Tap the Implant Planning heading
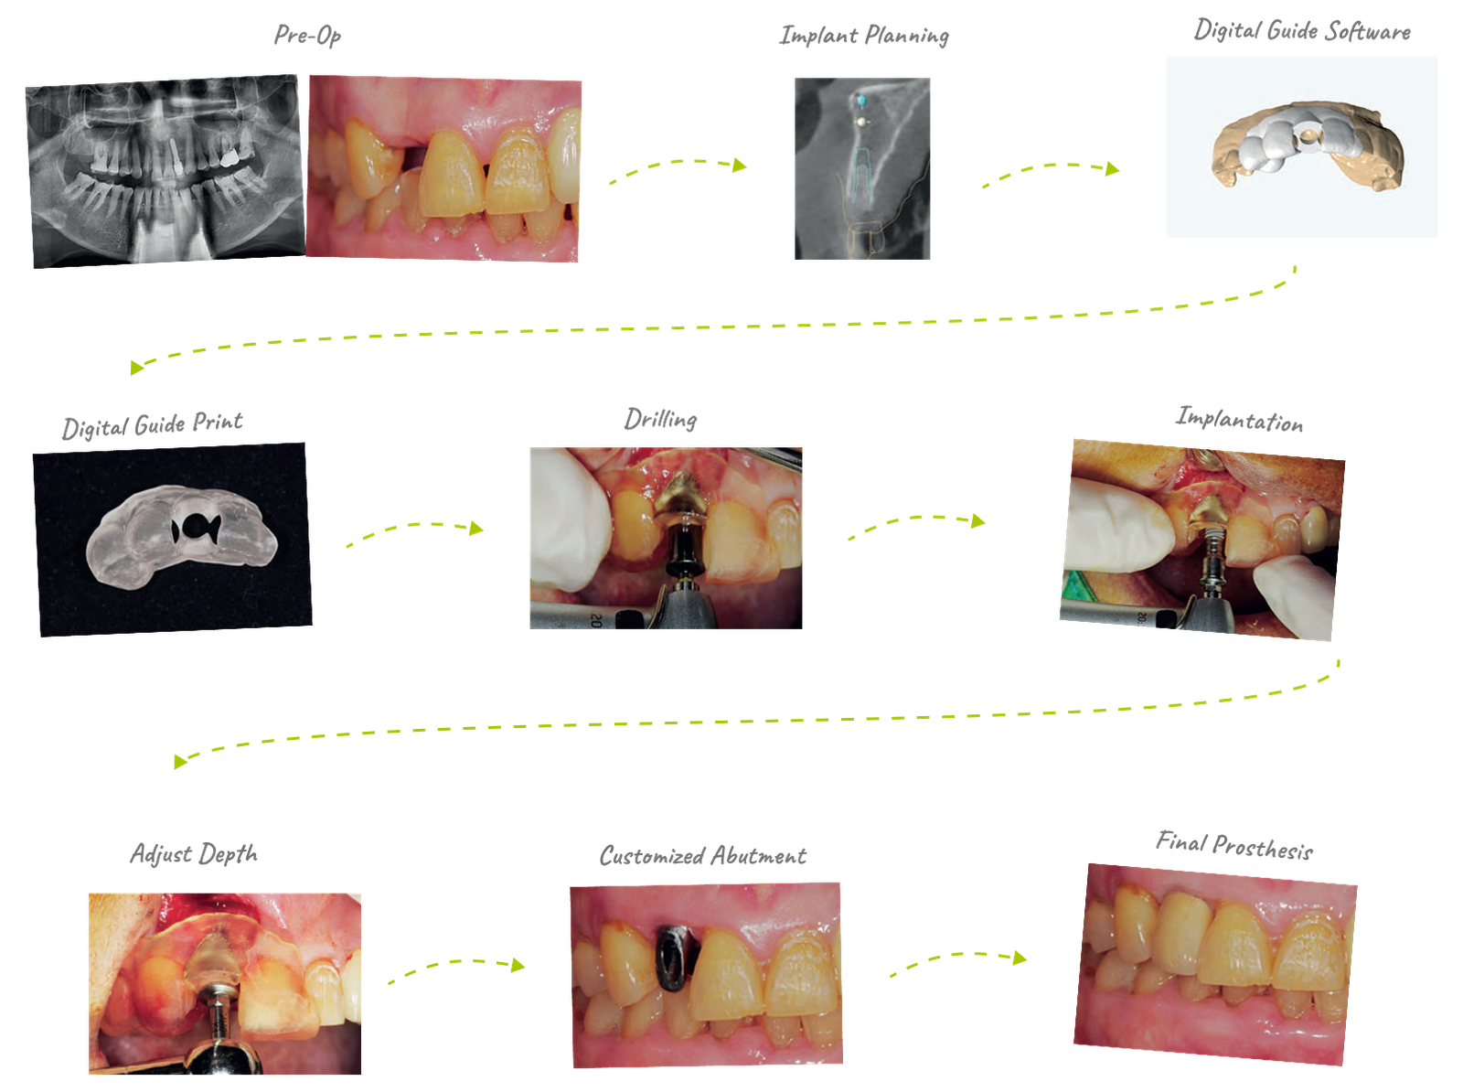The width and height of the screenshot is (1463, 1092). pyautogui.click(x=864, y=37)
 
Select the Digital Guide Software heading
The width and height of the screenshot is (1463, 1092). pyautogui.click(x=1301, y=31)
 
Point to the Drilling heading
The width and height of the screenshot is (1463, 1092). pyautogui.click(x=660, y=420)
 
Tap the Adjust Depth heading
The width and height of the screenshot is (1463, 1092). pyautogui.click(x=194, y=853)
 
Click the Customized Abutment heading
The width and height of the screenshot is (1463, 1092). pyautogui.click(x=702, y=856)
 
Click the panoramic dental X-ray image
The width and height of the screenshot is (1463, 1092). pyautogui.click(x=163, y=174)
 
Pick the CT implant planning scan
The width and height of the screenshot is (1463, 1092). pyautogui.click(x=862, y=168)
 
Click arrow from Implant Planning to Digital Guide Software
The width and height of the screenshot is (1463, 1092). pyautogui.click(x=1051, y=171)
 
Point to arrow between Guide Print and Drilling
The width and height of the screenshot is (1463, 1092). pyautogui.click(x=414, y=530)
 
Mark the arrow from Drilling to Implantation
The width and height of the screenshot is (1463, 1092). pyautogui.click(x=916, y=524)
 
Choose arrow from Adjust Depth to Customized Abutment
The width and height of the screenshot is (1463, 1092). pyautogui.click(x=456, y=968)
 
